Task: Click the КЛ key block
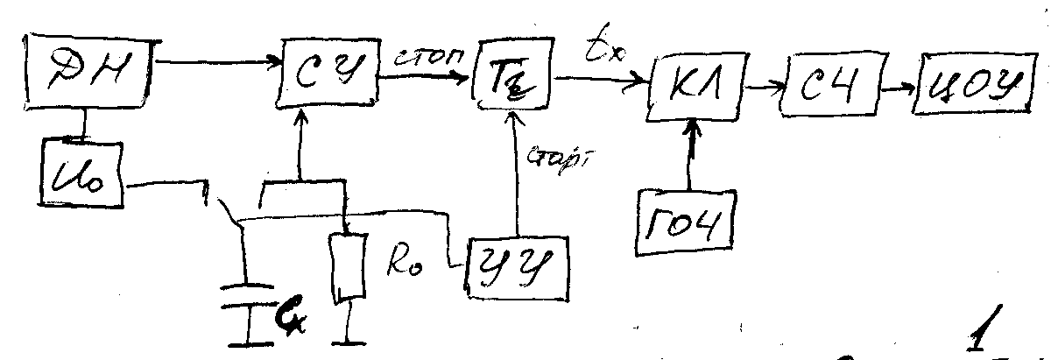click(x=692, y=88)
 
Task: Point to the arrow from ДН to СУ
click(x=219, y=62)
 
